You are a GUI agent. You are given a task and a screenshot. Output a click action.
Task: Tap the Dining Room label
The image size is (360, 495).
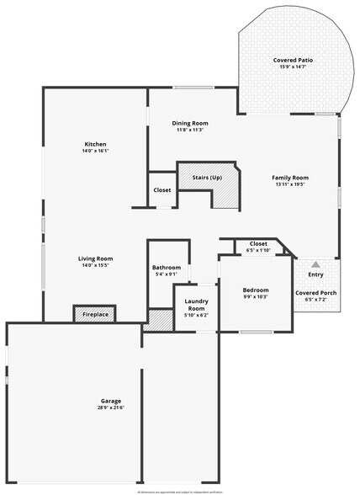190,123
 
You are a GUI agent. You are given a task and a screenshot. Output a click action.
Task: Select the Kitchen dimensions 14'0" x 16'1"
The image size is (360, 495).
95,151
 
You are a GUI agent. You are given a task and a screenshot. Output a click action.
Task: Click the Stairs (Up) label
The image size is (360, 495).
207,178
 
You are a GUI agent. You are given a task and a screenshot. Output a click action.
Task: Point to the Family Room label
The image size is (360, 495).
289,178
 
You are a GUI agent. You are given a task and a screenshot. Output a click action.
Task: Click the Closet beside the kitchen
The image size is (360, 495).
162,190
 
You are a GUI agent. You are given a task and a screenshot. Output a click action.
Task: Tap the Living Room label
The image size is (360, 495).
95,258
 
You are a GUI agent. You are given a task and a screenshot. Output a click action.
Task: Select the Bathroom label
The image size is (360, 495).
167,268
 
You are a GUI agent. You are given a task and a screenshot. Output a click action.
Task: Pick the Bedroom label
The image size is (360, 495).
257,290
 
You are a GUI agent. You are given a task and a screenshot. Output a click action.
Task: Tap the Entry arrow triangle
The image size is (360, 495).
315,264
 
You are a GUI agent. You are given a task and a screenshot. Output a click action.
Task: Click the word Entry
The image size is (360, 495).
315,274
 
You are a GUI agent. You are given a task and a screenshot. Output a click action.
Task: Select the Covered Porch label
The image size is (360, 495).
315,292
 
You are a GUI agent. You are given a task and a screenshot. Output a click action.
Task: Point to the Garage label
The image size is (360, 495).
110,401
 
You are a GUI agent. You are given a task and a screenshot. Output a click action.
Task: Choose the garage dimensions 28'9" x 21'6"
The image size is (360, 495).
110,407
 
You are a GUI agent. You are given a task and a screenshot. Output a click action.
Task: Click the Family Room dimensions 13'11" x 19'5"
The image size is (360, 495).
289,184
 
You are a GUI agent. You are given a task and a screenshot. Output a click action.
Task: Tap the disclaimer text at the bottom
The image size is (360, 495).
180,490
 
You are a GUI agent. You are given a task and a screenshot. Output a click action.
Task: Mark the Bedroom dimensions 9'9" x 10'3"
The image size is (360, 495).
257,296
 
